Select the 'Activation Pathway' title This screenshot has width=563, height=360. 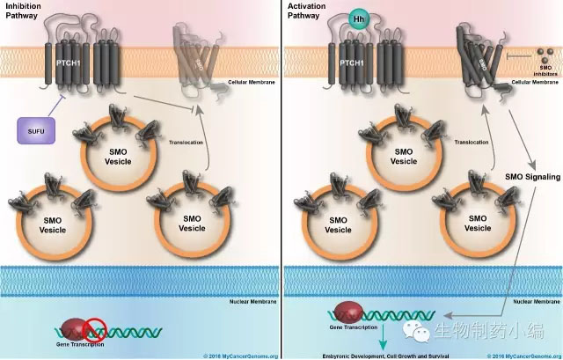pyautogui.click(x=307, y=11)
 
